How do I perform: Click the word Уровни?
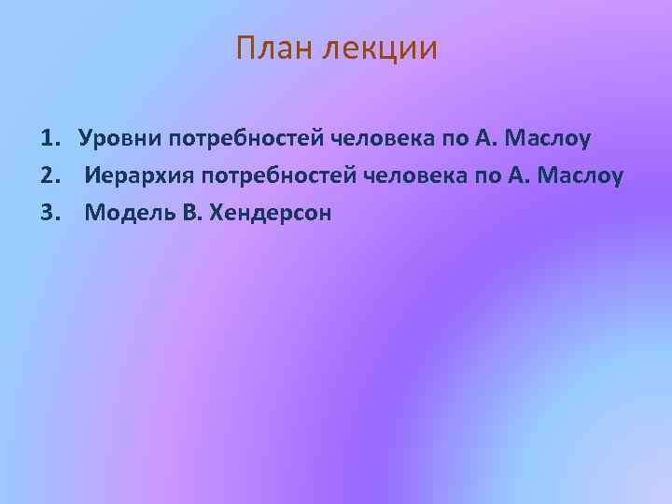click(120, 139)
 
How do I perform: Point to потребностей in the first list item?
click(245, 139)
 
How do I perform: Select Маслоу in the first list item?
click(547, 139)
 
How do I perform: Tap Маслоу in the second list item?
click(580, 176)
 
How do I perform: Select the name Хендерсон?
click(271, 213)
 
